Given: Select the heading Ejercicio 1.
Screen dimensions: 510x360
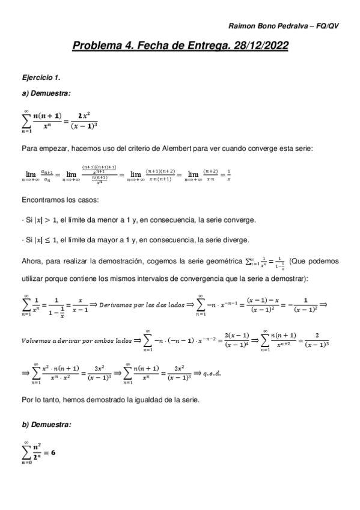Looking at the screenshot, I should point(41,78).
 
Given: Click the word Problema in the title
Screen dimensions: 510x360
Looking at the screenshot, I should point(96,46).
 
